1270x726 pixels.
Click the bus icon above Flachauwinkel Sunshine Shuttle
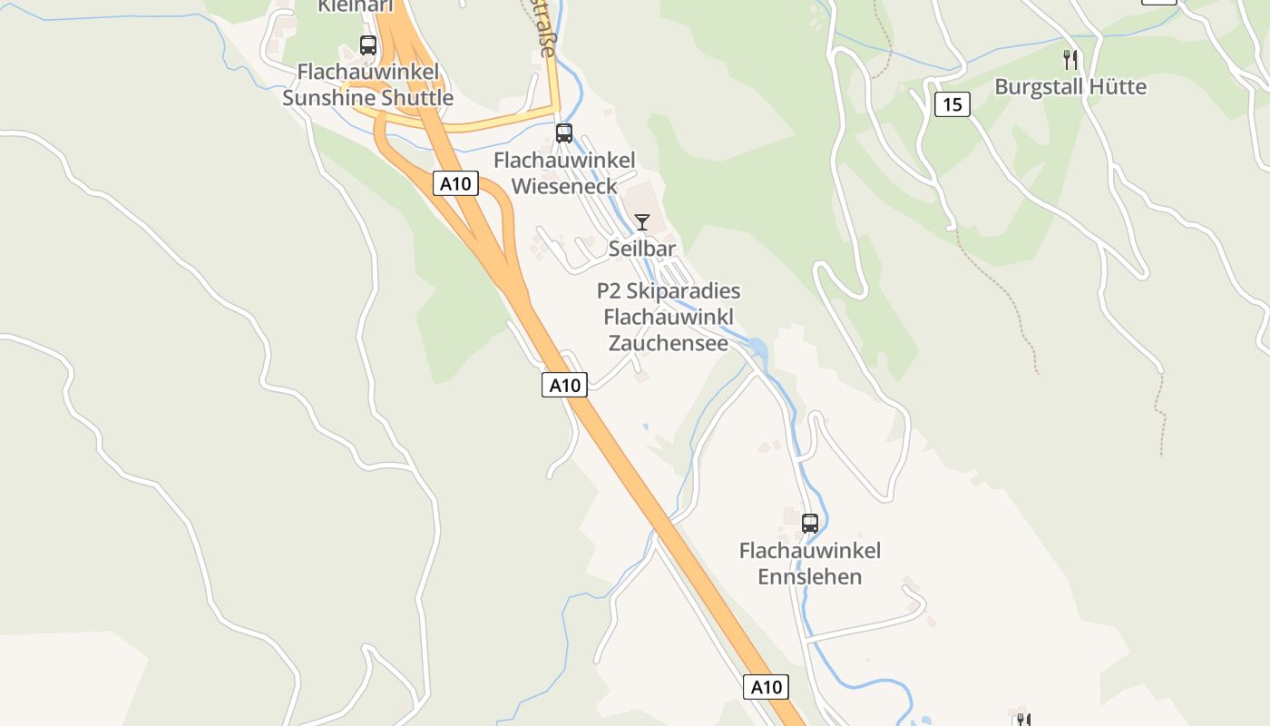368,44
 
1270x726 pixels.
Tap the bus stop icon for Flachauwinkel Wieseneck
564,133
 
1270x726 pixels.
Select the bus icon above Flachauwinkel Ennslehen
810,523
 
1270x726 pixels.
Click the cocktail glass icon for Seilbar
642,221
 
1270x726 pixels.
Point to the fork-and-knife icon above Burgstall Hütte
1070,60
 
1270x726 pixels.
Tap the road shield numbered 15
952,104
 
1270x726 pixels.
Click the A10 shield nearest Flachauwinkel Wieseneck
454,183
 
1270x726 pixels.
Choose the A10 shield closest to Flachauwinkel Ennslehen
766,687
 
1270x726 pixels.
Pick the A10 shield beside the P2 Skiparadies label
564,385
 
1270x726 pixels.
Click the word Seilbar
642,248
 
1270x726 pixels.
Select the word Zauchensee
669,343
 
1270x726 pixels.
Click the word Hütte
1119,87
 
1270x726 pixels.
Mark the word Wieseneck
564,186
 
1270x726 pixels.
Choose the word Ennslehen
810,576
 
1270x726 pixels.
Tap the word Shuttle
415,98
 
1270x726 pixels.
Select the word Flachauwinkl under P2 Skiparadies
669,318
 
